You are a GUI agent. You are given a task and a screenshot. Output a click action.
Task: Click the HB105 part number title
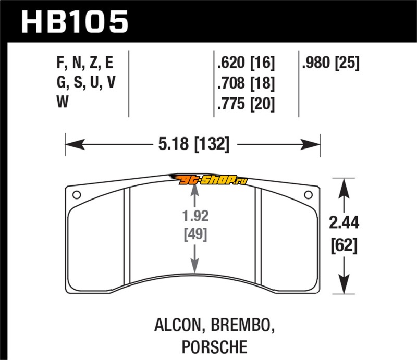pyautogui.click(x=75, y=22)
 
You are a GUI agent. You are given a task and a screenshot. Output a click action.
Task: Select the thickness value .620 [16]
pyautogui.click(x=246, y=63)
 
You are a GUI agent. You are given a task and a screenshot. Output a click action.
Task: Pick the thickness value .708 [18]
pyautogui.click(x=246, y=83)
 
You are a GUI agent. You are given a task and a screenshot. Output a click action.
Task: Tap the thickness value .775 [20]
pyautogui.click(x=246, y=103)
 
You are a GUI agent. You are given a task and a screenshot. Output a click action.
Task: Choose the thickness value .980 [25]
pyautogui.click(x=330, y=63)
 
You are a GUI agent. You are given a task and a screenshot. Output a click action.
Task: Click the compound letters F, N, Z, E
pyautogui.click(x=85, y=63)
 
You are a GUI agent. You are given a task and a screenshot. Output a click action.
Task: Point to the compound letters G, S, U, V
pyautogui.click(x=86, y=82)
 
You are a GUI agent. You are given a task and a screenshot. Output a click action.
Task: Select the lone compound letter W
pyautogui.click(x=63, y=102)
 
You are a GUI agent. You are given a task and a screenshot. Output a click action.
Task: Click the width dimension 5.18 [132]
pyautogui.click(x=193, y=144)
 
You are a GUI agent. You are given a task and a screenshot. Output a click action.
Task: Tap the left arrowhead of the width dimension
pyautogui.click(x=75, y=144)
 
